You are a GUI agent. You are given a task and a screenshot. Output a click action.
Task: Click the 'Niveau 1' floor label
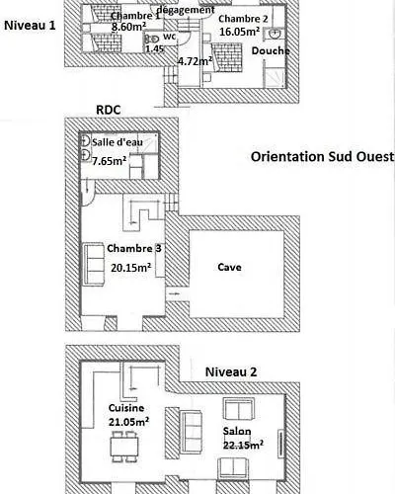pyautogui.click(x=30, y=26)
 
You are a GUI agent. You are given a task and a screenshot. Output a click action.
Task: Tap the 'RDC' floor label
pyautogui.click(x=109, y=110)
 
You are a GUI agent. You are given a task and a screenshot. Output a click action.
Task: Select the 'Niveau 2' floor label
pyautogui.click(x=231, y=371)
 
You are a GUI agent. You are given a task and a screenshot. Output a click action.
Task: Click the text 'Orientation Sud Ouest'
pyautogui.click(x=322, y=157)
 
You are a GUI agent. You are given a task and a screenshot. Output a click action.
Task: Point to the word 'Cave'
pyautogui.click(x=229, y=267)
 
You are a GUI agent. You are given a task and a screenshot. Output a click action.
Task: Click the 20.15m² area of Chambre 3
pyautogui.click(x=131, y=267)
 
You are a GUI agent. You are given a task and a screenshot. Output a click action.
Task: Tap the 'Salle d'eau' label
pyautogui.click(x=118, y=142)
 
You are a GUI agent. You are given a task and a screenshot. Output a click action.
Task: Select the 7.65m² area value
pyautogui.click(x=110, y=161)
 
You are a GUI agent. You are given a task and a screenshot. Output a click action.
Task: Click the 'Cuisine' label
pyautogui.click(x=126, y=408)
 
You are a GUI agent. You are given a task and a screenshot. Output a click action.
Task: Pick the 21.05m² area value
pyautogui.click(x=128, y=422)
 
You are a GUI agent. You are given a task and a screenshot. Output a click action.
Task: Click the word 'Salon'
pyautogui.click(x=237, y=431)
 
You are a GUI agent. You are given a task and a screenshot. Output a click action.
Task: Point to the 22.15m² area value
pyautogui.click(x=243, y=445)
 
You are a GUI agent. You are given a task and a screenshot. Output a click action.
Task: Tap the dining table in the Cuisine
pyautogui.click(x=124, y=447)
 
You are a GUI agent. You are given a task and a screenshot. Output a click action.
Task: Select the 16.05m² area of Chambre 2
pyautogui.click(x=240, y=32)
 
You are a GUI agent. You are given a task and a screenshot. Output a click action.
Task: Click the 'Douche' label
pyautogui.click(x=271, y=50)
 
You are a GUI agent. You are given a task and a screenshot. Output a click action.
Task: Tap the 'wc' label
pyautogui.click(x=170, y=37)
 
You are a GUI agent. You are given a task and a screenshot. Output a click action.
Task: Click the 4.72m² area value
pyautogui.click(x=195, y=61)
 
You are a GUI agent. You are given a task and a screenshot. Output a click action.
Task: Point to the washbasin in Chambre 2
pyautogui.click(x=275, y=34)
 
